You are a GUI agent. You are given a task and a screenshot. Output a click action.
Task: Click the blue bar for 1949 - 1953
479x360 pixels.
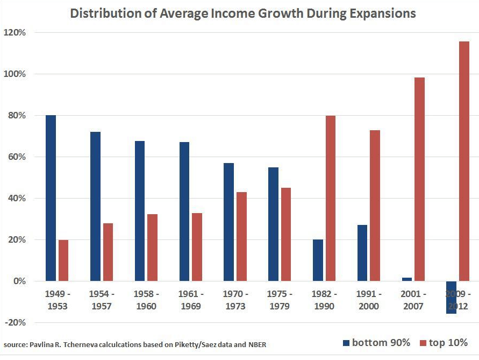pos(51,198)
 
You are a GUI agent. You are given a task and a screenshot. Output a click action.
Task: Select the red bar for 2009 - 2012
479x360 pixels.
pos(464,161)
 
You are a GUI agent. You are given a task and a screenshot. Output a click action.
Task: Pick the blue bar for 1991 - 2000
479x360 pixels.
pos(362,253)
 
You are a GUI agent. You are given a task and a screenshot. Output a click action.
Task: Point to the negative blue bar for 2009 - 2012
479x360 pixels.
pos(451,297)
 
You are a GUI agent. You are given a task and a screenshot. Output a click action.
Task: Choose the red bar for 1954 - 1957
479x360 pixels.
pos(108,252)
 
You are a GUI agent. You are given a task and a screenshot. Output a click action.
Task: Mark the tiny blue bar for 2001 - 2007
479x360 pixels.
pos(406,279)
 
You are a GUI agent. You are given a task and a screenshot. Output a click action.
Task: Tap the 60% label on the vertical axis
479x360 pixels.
pos(16,157)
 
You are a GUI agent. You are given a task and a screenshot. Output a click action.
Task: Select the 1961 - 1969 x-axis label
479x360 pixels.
pos(190,300)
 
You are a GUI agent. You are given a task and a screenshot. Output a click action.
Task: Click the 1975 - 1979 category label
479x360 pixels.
pos(279,300)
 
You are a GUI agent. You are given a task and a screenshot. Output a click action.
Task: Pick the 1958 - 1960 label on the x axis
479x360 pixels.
pos(145,300)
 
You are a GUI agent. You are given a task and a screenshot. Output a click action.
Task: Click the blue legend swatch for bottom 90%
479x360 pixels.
pos(347,343)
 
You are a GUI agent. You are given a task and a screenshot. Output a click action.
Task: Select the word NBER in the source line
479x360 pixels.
pos(255,344)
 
